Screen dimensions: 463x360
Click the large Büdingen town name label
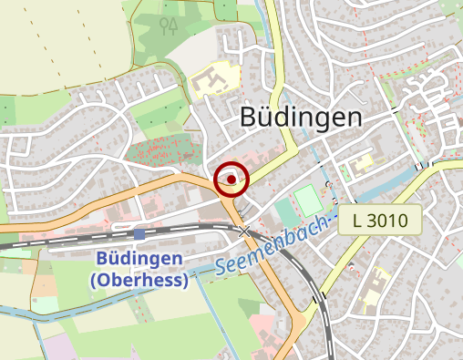[301, 117]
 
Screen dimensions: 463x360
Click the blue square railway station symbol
[139, 235]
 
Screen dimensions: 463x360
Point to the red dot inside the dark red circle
[231, 180]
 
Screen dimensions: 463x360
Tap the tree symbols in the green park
[169, 25]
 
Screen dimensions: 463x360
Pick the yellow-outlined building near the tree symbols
[211, 81]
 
